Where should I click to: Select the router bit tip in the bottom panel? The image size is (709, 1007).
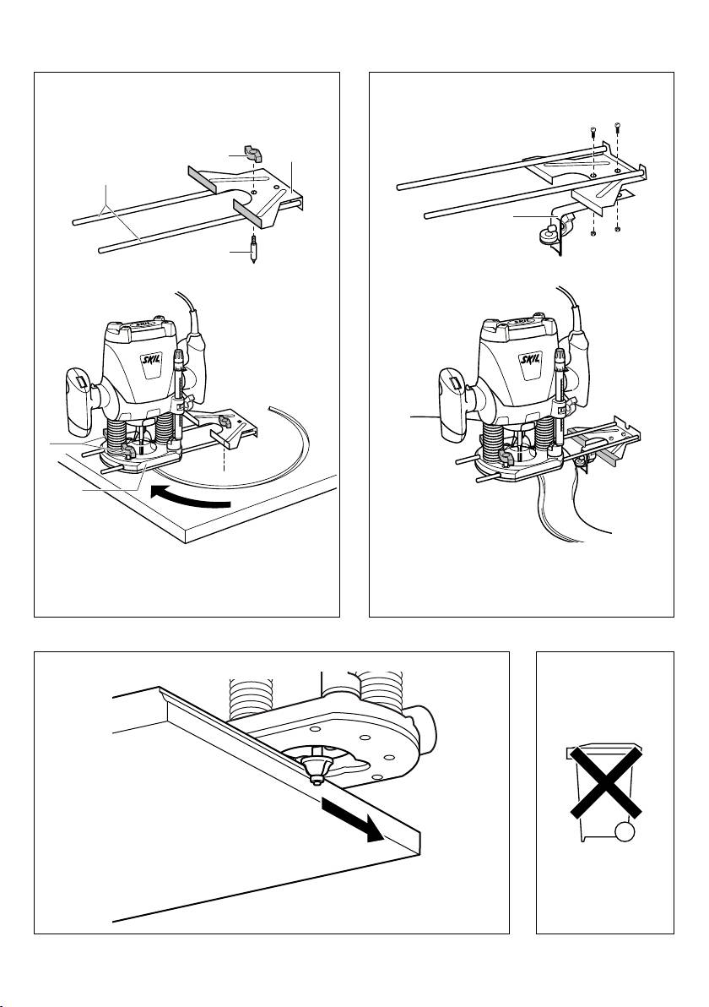click(316, 775)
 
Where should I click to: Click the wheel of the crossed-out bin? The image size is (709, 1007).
click(624, 832)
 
